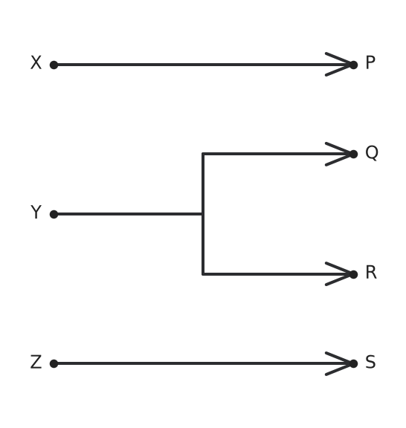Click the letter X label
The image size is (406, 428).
36,62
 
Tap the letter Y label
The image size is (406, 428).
36,212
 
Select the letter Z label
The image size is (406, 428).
36,362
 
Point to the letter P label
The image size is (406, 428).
370,62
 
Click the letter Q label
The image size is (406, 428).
372,152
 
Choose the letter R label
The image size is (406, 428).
371,272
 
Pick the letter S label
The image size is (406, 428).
370,362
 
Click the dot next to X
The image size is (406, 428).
54,65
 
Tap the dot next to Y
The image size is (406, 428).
54,214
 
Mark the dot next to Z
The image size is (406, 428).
54,363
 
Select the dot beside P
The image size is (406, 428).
353,65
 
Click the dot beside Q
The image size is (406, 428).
353,155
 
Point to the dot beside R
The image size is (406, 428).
353,274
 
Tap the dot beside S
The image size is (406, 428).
353,363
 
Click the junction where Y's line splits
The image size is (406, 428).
203,214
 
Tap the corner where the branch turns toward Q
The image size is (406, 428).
203,154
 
